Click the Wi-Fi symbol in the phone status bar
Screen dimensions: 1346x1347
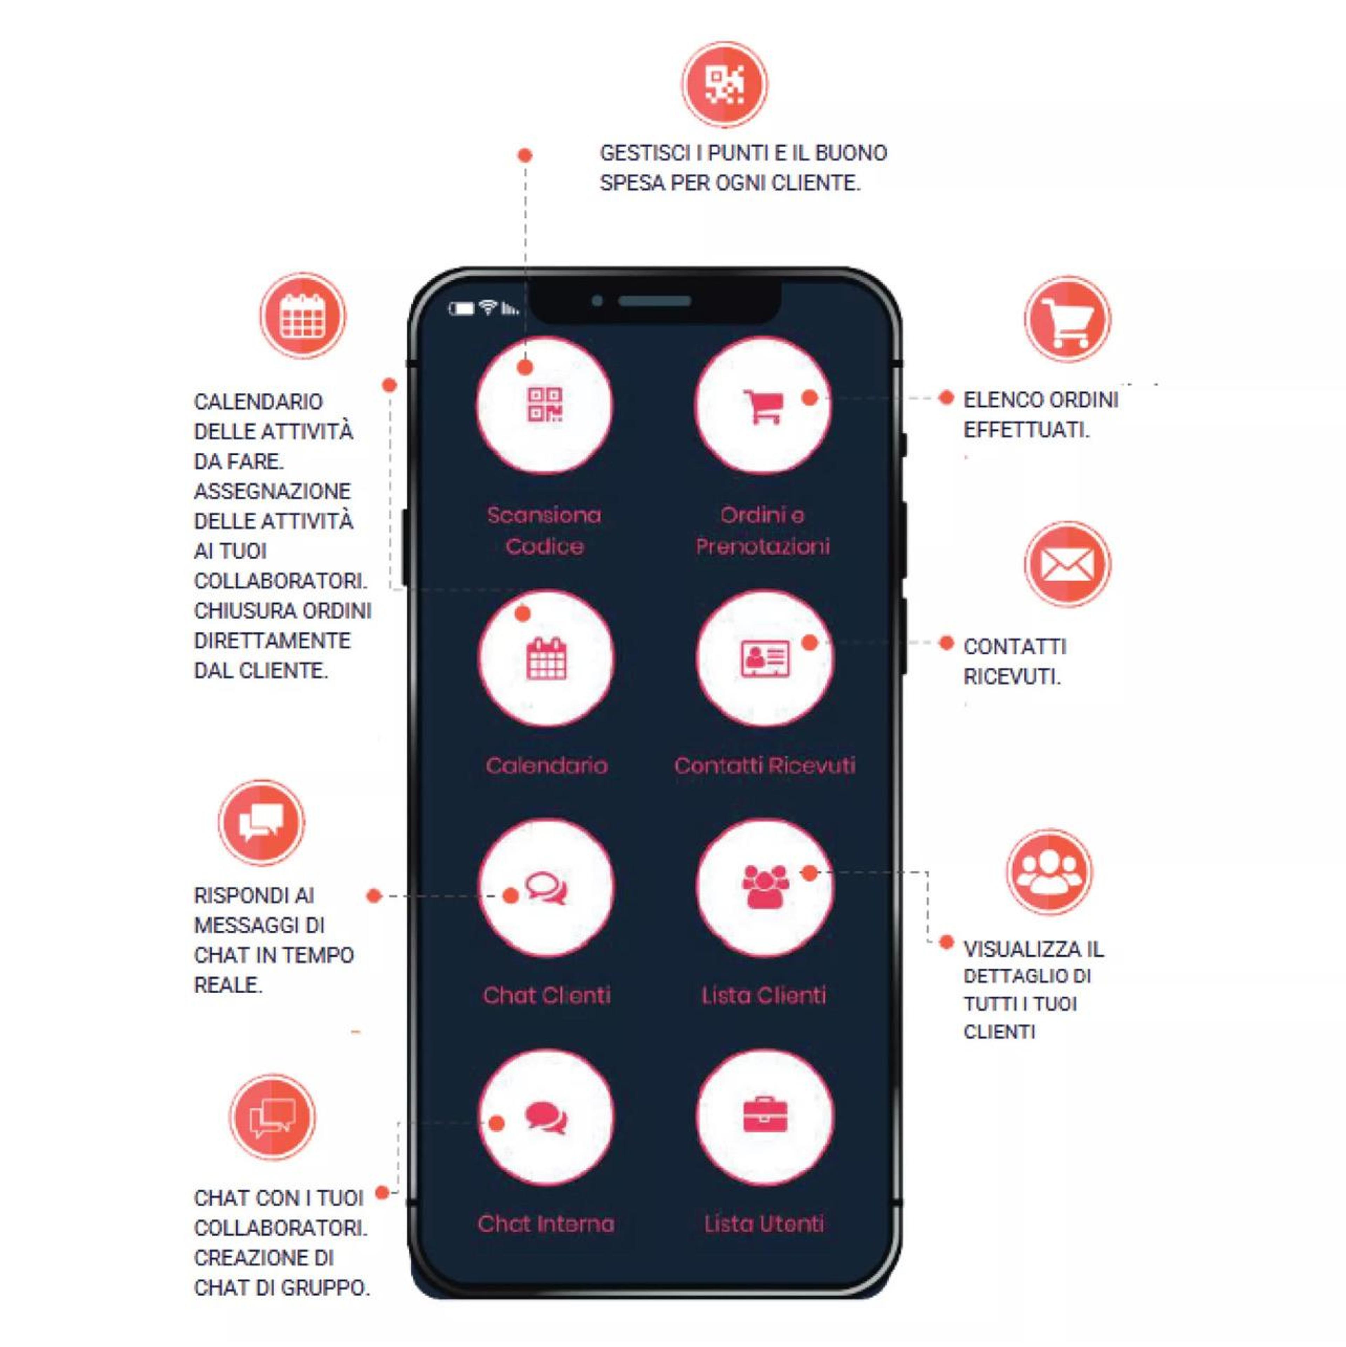pyautogui.click(x=488, y=307)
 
